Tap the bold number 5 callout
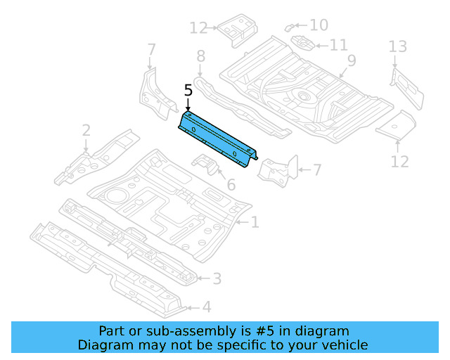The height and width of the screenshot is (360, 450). tap(188, 91)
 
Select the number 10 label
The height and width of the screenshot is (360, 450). tap(319, 25)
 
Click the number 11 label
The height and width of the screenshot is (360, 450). tap(338, 45)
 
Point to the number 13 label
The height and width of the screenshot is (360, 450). tap(398, 47)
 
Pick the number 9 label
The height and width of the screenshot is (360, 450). tap(351, 60)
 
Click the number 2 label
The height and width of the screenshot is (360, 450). tap(86, 130)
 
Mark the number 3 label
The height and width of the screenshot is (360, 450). tap(217, 279)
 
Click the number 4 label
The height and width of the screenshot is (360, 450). tap(206, 307)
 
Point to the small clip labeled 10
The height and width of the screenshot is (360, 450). tap(289, 27)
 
